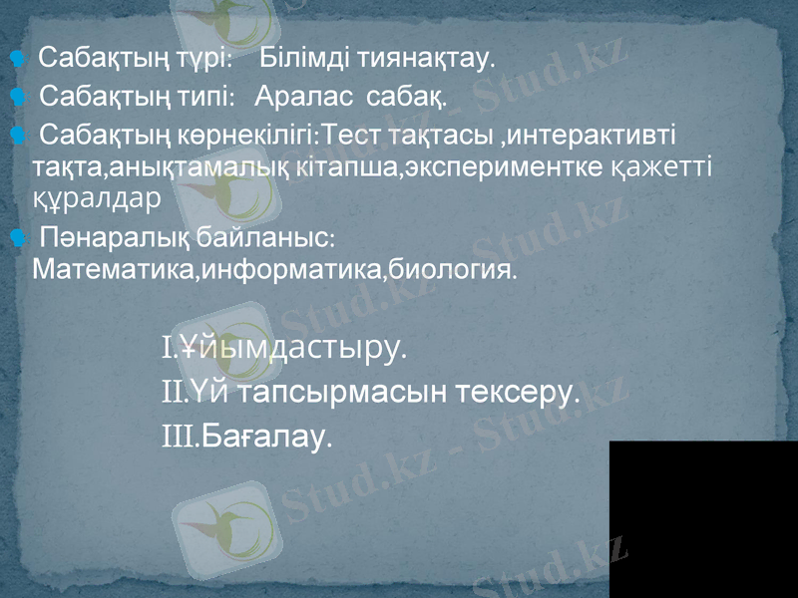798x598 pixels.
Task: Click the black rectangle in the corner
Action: pyautogui.click(x=703, y=518)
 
